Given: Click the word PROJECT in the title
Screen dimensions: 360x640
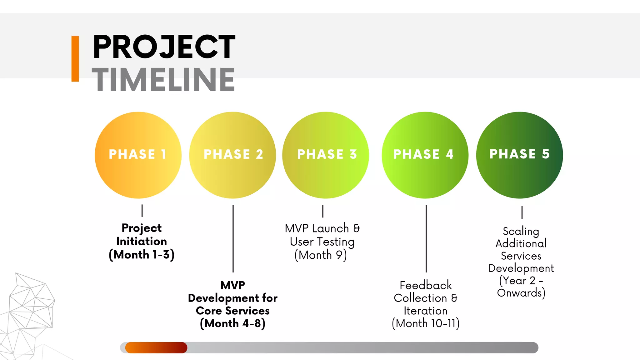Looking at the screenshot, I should coord(164,47).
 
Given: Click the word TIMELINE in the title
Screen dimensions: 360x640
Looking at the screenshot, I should coord(163,80).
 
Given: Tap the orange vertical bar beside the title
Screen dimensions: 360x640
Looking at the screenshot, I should coord(75,59).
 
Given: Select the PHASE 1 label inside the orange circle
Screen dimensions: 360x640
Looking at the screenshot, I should coord(138,154).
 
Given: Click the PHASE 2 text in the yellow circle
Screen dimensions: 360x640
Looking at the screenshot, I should coord(233,154).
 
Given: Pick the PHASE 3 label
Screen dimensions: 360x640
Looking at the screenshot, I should coord(327,154).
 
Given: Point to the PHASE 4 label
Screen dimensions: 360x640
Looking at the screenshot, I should coord(423,154).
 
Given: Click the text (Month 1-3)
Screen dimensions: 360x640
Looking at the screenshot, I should coord(142,255).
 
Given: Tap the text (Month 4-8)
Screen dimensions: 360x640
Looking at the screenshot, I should coord(233,323).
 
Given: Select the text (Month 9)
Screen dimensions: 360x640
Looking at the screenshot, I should coord(321,255).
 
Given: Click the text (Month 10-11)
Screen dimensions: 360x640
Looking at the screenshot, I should coord(426,323).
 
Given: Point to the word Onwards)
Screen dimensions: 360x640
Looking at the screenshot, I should coord(521,293).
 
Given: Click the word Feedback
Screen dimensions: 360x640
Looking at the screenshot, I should coord(426,285).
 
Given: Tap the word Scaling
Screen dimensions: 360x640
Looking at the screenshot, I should coord(521,232).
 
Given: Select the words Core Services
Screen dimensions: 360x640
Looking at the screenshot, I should coord(233,311).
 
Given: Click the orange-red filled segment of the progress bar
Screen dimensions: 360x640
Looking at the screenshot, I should coord(156,347).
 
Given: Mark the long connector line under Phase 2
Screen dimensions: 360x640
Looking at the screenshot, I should coord(233,239).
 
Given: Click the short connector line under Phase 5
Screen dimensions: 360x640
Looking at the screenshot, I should coord(522,212).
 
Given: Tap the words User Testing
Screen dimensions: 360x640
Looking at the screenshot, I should coord(322,242).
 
